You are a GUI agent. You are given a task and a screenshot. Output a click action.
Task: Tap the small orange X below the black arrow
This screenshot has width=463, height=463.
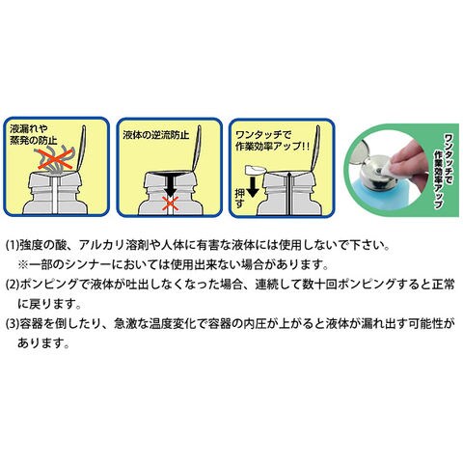[170, 204]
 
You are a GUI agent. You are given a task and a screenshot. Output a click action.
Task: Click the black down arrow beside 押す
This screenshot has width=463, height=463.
[253, 187]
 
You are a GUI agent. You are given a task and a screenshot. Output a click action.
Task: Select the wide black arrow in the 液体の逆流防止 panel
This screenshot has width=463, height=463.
[170, 183]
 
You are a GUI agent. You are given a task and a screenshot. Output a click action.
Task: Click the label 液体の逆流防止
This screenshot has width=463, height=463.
[156, 135]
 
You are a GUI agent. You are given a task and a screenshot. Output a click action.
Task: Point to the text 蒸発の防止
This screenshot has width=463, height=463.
[34, 141]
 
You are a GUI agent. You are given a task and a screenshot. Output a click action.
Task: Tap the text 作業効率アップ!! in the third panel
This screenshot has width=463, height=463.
[272, 147]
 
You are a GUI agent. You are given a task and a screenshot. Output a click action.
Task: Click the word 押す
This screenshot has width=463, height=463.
[240, 198]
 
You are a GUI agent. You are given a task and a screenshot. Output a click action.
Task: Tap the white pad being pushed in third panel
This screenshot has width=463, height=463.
[256, 169]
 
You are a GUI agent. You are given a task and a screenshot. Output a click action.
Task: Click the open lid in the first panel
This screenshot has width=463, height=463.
[81, 148]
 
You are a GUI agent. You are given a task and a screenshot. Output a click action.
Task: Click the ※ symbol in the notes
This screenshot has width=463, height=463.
[23, 265]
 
